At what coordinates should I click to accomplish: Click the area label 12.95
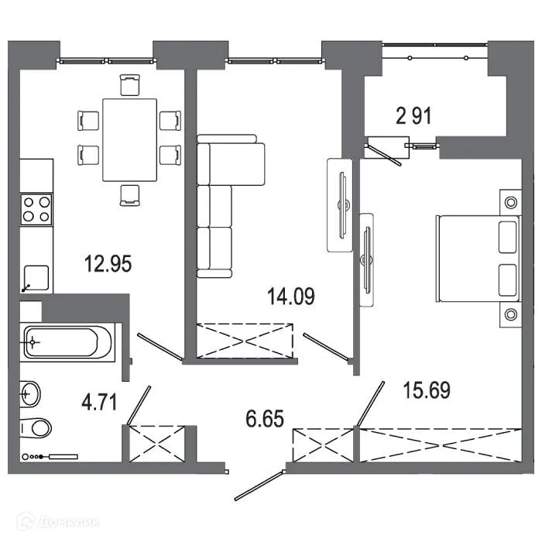click(108, 264)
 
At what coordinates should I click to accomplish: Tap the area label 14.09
click(291, 297)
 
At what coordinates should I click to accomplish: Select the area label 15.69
click(427, 390)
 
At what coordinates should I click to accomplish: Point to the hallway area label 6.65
click(265, 418)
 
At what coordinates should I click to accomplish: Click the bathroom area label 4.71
click(99, 403)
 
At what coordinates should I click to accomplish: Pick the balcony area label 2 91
click(413, 116)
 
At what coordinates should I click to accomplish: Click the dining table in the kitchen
click(129, 139)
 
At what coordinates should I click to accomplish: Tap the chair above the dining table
click(130, 84)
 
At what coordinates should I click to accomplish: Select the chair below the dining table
click(130, 195)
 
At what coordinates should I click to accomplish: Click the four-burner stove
click(36, 210)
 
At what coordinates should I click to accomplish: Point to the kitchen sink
click(36, 278)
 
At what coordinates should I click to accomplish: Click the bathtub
click(67, 342)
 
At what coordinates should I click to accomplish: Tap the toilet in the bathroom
click(36, 428)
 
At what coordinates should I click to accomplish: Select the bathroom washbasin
click(30, 393)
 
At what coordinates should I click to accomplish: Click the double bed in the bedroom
click(479, 259)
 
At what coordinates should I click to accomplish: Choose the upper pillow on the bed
click(507, 237)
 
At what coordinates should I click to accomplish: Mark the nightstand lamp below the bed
click(511, 314)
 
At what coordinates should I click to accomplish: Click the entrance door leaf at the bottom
click(259, 485)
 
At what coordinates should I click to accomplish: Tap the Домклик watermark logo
click(59, 521)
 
